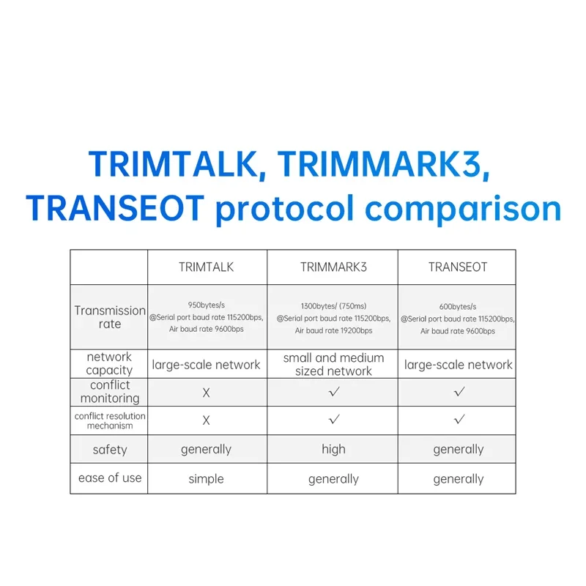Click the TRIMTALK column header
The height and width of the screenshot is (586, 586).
pyautogui.click(x=207, y=267)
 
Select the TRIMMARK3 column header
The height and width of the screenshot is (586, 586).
pyautogui.click(x=333, y=267)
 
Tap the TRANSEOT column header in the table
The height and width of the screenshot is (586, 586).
pyautogui.click(x=458, y=267)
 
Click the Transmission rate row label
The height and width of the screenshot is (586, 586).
pyautogui.click(x=110, y=317)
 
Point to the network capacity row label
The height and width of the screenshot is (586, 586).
pyautogui.click(x=109, y=363)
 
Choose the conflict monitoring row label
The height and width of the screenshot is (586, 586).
pyautogui.click(x=110, y=392)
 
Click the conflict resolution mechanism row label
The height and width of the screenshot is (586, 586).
pyautogui.click(x=110, y=420)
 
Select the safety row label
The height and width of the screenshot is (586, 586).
pyautogui.click(x=110, y=450)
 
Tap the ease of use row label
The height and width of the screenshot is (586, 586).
pyautogui.click(x=110, y=478)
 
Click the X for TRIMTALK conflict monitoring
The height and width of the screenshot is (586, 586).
pyautogui.click(x=207, y=393)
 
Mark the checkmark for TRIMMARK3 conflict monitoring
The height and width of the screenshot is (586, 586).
pyautogui.click(x=334, y=392)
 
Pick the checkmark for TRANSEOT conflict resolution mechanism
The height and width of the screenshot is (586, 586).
pyautogui.click(x=459, y=420)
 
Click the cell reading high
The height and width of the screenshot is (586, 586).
pyautogui.click(x=333, y=450)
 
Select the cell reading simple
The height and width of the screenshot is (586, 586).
pyautogui.click(x=207, y=479)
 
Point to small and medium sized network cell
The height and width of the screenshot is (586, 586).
pyautogui.click(x=333, y=364)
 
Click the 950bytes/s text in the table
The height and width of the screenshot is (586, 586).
pyautogui.click(x=207, y=306)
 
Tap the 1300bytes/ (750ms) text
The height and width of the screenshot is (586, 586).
pyautogui.click(x=333, y=306)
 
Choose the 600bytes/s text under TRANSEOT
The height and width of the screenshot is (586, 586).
pyautogui.click(x=458, y=306)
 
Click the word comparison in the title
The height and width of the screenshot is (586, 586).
pyautogui.click(x=463, y=208)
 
